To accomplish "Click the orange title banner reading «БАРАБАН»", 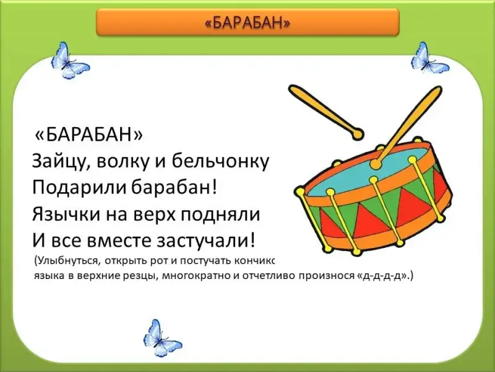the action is click(248, 22).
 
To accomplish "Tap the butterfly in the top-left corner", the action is click(70, 61).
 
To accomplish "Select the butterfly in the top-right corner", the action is click(429, 59).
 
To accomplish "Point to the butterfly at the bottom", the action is click(161, 338).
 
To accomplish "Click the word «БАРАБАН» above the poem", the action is click(88, 135).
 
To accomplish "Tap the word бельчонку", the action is click(220, 162).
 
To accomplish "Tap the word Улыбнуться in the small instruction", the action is click(67, 262).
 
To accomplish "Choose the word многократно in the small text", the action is click(196, 276).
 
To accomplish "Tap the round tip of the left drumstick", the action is click(357, 134).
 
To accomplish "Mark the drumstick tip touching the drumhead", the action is click(376, 164).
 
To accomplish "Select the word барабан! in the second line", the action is click(174, 188).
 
